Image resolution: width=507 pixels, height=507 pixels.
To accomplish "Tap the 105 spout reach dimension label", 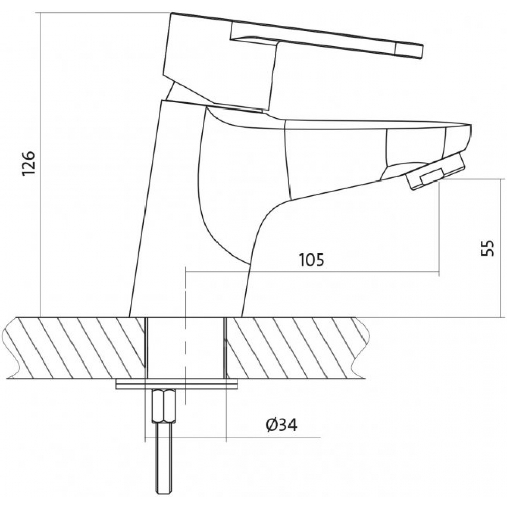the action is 311,260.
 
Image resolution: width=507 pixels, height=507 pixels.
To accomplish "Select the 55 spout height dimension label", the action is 487,248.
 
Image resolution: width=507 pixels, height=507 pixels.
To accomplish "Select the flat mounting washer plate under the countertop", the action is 176,384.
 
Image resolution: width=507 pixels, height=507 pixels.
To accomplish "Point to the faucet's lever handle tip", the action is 420,52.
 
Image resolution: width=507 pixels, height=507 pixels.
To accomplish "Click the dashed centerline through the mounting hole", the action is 186,336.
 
